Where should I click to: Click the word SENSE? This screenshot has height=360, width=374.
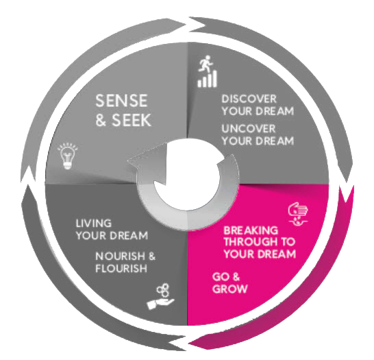pos(121,101)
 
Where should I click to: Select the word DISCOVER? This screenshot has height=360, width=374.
pos(249,99)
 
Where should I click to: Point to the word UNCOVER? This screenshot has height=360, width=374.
pos(249,129)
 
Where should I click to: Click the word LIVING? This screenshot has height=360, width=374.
pos(93,224)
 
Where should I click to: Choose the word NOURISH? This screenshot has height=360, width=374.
pos(121,256)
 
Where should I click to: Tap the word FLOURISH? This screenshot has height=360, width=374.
pos(121,268)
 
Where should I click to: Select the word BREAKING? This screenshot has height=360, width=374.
pos(251,230)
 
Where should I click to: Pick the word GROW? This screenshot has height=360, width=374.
pos(229,289)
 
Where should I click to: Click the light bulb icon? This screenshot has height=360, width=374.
pos(68,156)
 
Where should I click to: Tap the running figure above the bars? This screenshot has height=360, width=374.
pos(205,63)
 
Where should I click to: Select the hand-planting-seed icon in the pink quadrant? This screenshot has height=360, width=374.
pos(298,214)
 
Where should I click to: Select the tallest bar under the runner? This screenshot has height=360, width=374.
pos(214,78)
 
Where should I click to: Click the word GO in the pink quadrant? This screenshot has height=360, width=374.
pos(220,277)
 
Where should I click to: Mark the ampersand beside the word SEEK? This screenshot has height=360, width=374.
pos(101,120)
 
